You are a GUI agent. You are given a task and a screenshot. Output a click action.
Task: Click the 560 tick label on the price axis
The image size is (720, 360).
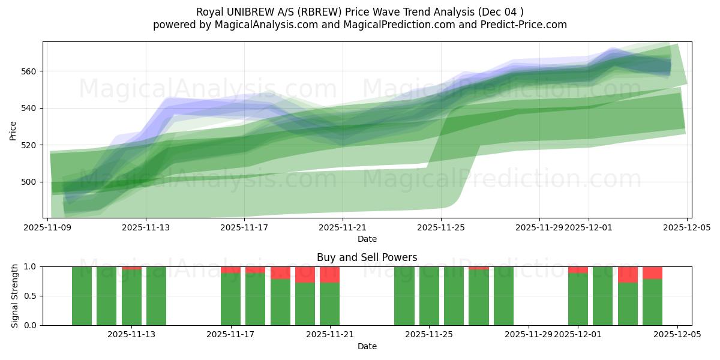29,71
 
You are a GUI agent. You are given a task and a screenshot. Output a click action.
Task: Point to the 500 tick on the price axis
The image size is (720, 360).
29,182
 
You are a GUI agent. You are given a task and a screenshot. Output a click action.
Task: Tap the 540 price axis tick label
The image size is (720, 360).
29,109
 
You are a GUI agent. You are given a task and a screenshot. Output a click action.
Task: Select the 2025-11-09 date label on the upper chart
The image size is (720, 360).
47,227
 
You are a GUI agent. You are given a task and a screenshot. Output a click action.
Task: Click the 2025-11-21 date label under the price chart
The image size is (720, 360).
343,227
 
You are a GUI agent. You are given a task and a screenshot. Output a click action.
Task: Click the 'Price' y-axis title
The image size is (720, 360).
13,130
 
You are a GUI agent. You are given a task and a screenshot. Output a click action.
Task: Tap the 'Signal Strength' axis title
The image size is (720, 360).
15,296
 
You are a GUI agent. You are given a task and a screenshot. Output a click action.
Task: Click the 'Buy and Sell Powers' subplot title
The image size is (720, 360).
367,258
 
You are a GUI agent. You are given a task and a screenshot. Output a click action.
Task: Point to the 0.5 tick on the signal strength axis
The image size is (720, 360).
29,296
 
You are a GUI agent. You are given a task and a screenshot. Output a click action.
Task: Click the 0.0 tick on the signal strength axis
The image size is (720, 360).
29,325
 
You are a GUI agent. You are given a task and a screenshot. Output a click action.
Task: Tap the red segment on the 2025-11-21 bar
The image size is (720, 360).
329,275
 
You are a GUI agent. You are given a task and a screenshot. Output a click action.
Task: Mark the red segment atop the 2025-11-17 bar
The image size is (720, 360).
230,270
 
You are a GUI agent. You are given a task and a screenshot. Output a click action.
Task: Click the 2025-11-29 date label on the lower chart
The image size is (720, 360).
528,335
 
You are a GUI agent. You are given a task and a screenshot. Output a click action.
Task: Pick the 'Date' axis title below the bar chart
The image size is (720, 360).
367,346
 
